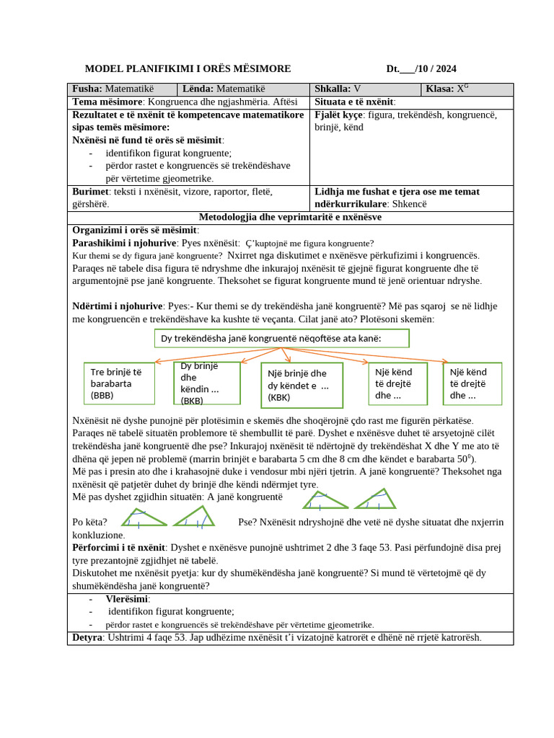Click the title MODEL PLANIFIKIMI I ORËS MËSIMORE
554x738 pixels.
pos(188,69)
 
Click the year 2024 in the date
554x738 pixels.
pos(445,69)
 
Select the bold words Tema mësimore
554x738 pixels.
pos(107,102)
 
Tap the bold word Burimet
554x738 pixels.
pos(90,192)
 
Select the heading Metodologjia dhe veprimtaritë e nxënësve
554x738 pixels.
pos(290,218)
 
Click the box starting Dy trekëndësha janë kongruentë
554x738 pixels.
pos(282,339)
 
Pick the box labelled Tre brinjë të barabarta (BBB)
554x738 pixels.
pos(119,383)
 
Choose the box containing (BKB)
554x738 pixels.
pos(206,383)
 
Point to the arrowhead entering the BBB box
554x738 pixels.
pos(155,361)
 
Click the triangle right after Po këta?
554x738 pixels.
pos(144,517)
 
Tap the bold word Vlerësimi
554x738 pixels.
pos(127,599)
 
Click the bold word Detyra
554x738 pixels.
pos(87,638)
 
